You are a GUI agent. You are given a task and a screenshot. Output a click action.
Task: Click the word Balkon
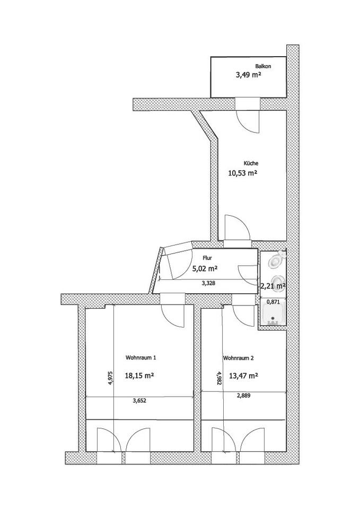tap(263, 66)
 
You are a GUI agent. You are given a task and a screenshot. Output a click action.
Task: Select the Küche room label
tap(251, 163)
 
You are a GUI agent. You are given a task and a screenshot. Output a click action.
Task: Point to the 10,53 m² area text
tap(243, 173)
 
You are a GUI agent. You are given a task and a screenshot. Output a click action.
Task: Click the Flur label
tap(207, 258)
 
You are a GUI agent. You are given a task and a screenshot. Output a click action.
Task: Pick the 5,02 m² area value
tap(205, 269)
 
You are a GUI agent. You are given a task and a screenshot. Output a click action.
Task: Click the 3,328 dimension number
tap(208, 283)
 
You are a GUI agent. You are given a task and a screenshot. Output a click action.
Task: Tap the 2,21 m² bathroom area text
tap(273, 286)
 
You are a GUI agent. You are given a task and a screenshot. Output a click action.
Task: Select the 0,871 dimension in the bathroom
tap(273, 302)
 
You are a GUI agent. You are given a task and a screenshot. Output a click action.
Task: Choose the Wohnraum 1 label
tap(141, 358)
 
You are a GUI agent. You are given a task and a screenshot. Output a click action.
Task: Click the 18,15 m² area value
tap(139, 375)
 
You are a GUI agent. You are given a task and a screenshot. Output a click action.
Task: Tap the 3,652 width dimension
tap(139, 401)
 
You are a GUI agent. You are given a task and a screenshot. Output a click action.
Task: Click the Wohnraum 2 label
tap(238, 358)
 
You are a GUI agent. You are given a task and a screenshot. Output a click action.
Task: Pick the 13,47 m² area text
tap(243, 376)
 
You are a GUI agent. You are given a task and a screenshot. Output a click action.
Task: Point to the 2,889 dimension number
tap(244, 396)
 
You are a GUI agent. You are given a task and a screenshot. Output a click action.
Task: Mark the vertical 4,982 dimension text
tap(220, 378)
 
